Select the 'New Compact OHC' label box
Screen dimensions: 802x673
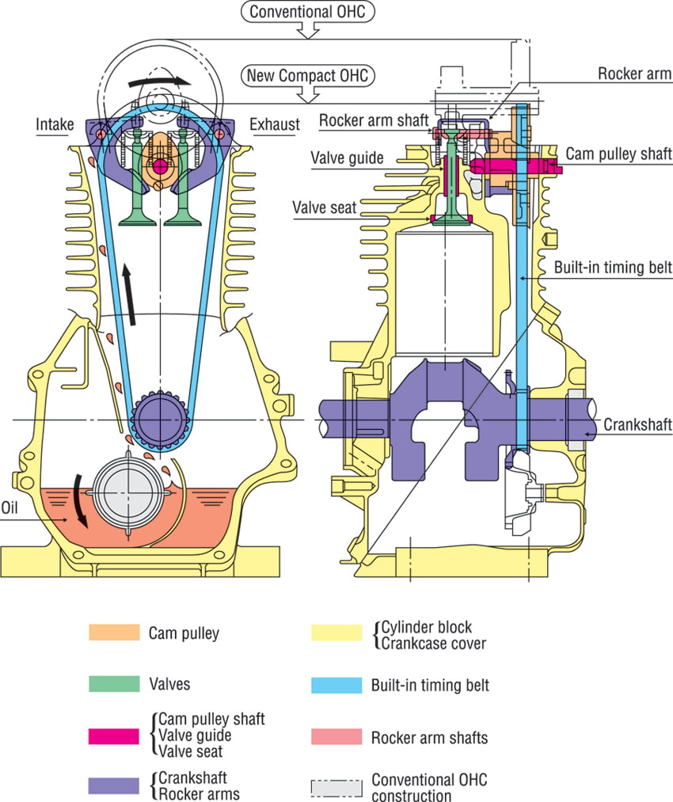309,76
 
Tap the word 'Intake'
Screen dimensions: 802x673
55,124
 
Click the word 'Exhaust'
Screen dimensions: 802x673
275,124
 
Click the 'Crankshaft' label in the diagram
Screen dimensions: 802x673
637,425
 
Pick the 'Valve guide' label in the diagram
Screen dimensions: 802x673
347,158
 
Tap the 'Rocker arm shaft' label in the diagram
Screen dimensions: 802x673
374,120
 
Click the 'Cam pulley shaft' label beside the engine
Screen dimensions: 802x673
618,153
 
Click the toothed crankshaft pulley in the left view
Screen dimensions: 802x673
160,419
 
